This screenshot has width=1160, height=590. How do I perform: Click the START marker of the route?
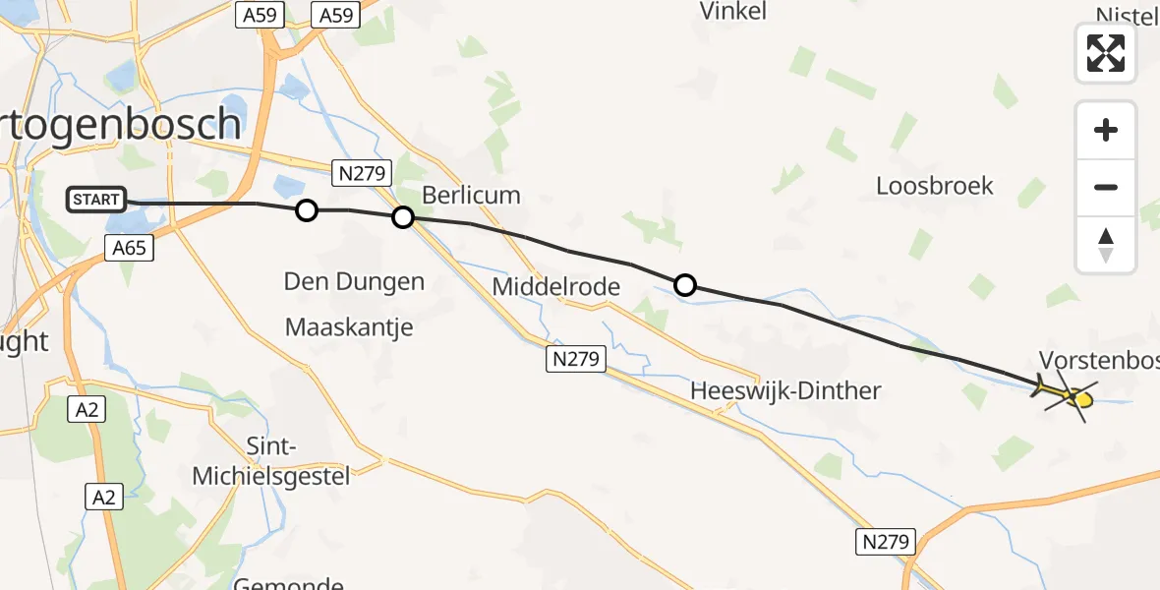click(96, 201)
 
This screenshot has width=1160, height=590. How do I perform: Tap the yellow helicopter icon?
click(1068, 393)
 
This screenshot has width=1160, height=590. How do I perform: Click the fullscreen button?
click(1105, 53)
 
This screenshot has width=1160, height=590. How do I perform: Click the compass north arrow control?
click(1105, 245)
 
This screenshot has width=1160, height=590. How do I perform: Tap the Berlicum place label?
click(471, 195)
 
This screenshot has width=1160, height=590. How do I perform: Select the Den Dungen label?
click(354, 282)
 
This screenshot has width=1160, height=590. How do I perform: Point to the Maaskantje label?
click(349, 326)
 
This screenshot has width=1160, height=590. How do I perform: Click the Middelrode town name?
click(555, 287)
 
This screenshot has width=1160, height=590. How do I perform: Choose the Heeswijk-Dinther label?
click(784, 390)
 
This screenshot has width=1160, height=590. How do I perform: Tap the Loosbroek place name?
click(934, 186)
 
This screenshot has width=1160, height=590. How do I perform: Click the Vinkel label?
click(732, 12)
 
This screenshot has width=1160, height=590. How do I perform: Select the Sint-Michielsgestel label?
click(270, 462)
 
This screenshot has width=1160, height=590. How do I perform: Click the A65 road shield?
click(129, 248)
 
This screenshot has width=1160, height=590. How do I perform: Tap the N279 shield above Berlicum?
click(362, 173)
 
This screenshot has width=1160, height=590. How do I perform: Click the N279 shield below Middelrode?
click(575, 360)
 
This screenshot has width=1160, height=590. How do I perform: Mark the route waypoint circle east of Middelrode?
click(685, 285)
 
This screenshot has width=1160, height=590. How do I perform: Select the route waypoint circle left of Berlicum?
click(402, 217)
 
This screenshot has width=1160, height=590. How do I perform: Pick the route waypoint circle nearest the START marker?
click(307, 210)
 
